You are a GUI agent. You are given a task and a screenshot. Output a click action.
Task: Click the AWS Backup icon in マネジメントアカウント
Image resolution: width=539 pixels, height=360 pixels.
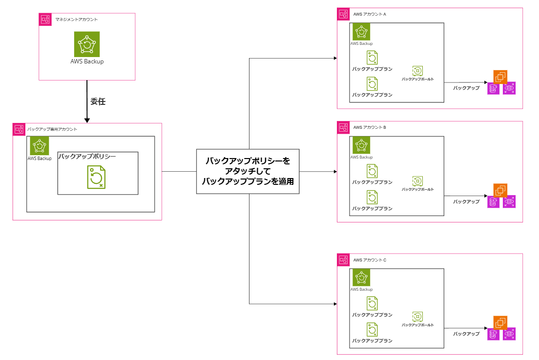point(87,44)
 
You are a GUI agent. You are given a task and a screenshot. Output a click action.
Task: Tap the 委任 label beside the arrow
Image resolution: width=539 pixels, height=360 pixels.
point(98,101)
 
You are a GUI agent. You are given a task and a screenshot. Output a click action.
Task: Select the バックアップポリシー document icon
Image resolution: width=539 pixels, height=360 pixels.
point(96,177)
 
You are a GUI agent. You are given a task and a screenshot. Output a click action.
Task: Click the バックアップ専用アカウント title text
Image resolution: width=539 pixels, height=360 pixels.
point(52,129)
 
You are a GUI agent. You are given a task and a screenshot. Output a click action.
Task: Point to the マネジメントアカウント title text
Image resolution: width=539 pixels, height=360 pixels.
point(76,20)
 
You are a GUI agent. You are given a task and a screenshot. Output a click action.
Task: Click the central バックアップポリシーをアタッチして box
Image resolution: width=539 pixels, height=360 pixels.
point(248,171)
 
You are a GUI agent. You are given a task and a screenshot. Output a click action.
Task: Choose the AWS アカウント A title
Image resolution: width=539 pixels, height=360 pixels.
point(370,14)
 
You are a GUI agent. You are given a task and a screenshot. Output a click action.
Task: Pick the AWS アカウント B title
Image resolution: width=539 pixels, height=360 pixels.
point(370,127)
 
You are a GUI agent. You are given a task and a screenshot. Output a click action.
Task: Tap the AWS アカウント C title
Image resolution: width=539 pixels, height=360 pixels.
point(370,260)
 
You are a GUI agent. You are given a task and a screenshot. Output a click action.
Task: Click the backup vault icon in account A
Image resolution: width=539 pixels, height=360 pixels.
point(417,71)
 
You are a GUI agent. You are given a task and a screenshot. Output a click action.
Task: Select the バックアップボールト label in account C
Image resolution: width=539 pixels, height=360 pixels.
point(417,325)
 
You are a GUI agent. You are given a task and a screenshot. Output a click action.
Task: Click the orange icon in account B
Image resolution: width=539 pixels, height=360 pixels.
point(500,190)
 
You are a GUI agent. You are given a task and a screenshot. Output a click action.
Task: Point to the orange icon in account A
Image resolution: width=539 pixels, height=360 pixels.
point(500,77)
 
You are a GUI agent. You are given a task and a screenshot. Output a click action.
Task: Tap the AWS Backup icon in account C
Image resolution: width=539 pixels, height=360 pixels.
point(361,277)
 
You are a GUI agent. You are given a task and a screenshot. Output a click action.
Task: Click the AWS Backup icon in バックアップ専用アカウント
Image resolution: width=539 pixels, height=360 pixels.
point(40,146)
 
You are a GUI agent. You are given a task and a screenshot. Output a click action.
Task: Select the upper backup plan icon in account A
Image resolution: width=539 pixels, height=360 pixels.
point(372,58)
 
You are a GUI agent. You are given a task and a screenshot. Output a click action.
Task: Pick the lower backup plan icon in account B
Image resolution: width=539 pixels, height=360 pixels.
point(372,197)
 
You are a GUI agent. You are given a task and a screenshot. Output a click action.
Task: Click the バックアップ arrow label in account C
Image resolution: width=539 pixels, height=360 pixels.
point(466,334)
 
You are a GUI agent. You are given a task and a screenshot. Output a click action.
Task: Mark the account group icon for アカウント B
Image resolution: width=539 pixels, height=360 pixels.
point(343,127)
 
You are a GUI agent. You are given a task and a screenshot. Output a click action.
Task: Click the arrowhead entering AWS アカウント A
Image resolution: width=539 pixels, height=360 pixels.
point(335,58)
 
